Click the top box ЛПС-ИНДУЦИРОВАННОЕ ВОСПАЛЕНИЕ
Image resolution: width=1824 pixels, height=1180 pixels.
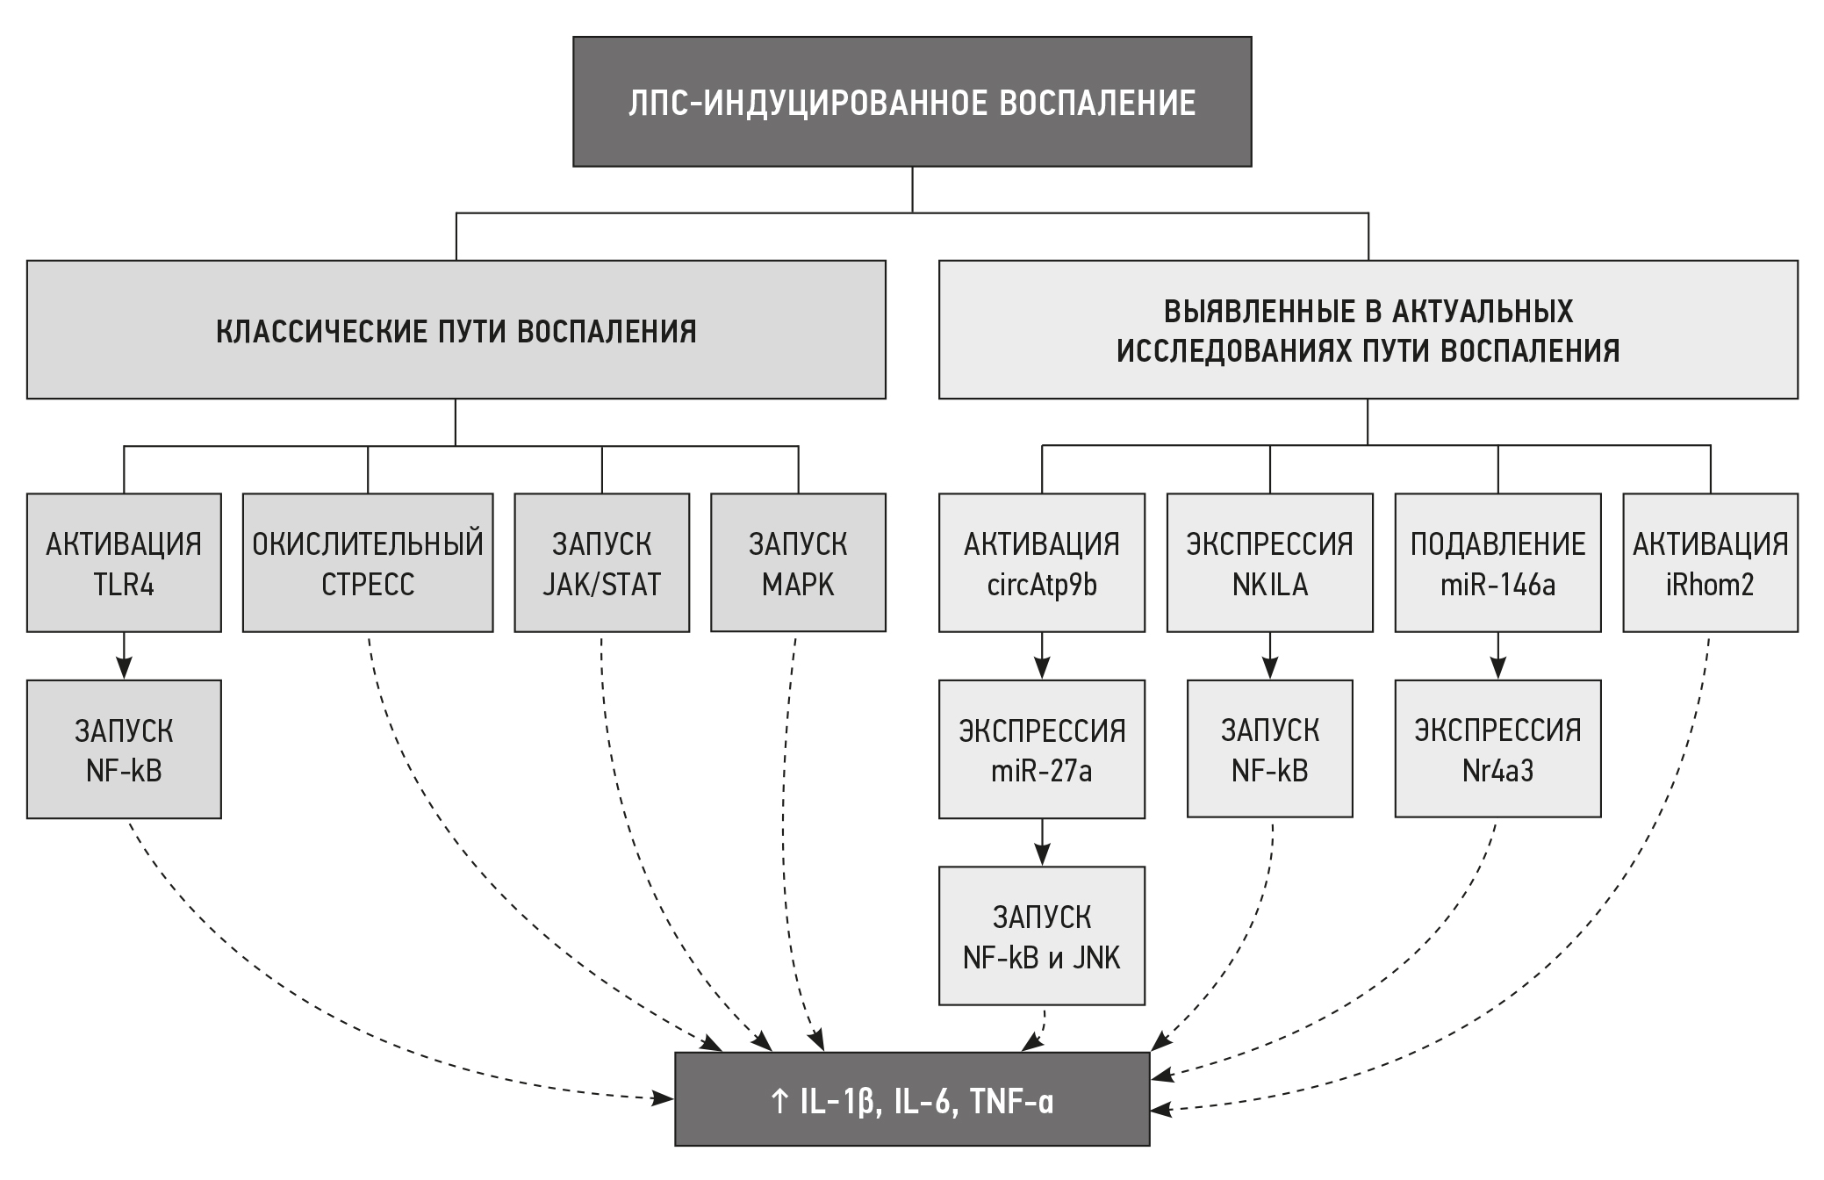(912, 102)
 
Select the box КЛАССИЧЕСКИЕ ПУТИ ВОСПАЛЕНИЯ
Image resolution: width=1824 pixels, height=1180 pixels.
(456, 330)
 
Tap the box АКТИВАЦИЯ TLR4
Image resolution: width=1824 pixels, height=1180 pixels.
(124, 563)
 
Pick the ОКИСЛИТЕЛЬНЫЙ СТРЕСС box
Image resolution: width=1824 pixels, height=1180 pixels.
(368, 563)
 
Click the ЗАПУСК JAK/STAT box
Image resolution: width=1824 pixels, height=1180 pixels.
(601, 563)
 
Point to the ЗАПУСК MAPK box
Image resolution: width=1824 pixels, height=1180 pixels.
(798, 563)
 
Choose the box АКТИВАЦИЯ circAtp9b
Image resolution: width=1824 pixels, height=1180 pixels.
(1042, 563)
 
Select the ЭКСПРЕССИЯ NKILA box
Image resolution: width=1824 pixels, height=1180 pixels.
(1269, 563)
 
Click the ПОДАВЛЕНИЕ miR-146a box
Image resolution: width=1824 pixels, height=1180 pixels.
(1497, 563)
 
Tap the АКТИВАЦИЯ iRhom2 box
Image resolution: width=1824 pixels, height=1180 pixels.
(1710, 563)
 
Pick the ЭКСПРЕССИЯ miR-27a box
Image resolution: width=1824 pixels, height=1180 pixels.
(1042, 749)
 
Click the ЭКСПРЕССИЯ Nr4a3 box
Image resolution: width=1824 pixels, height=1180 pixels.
(1497, 749)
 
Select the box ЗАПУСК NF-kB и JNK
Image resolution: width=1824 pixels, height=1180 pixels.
(1042, 936)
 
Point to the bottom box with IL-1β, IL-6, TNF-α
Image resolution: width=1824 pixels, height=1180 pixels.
(912, 1099)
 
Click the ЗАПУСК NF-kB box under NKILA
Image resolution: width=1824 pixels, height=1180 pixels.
(1269, 749)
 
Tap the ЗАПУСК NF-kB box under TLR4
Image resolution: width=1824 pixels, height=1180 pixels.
(124, 749)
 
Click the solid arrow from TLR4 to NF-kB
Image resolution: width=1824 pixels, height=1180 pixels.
(124, 656)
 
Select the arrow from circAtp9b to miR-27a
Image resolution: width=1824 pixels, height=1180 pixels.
(1042, 656)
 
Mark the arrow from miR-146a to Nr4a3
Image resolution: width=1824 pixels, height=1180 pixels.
(1497, 656)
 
